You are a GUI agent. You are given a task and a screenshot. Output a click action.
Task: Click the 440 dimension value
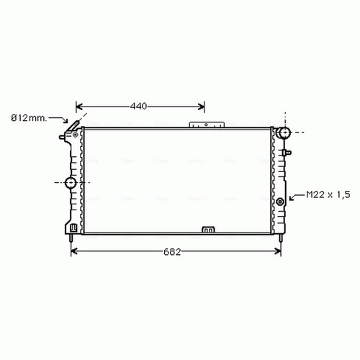point(138,106)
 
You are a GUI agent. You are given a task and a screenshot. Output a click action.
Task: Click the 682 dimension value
point(172,252)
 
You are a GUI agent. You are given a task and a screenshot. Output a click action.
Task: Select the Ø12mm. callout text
point(29,118)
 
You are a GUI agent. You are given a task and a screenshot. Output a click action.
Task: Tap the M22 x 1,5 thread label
point(328,194)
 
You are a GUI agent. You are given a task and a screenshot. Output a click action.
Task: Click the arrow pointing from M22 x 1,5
point(297,197)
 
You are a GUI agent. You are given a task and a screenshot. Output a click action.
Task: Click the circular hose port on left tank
point(71,183)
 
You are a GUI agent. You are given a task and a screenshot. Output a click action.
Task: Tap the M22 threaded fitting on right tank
point(280,202)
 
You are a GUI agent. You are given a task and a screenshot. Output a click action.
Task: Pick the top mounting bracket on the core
point(206,125)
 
